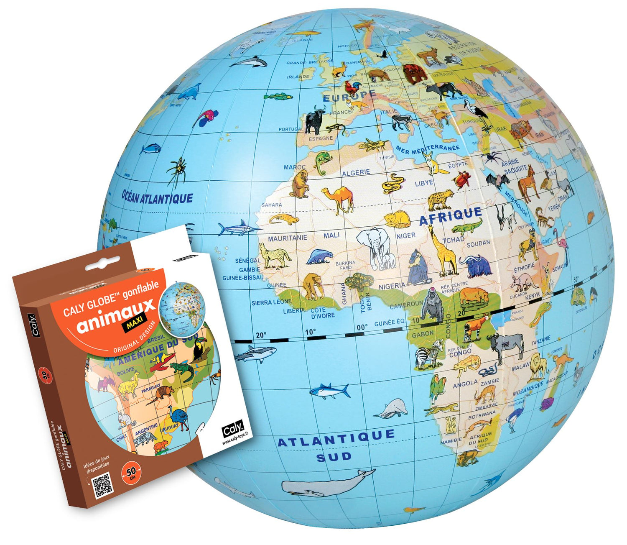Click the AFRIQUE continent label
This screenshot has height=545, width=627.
450,216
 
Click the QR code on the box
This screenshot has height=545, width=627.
102,485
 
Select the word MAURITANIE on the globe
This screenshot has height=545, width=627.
287,238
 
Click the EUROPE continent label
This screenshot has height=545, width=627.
349,96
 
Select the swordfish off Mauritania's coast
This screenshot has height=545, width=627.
238,228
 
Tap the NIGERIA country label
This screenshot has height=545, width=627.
392,287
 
